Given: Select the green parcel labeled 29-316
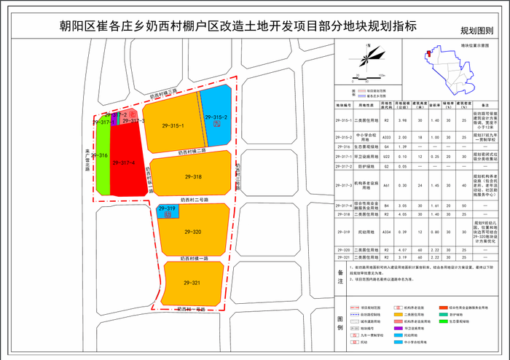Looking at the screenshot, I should click(103, 156).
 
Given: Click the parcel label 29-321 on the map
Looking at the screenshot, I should click(192, 283).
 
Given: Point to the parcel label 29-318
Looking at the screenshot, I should click(192, 177).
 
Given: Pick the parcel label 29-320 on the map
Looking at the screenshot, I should click(192, 232).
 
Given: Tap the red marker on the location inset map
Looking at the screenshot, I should click(431, 55).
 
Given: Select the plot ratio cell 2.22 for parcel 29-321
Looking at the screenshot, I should click(434, 257).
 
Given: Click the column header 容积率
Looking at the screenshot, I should click(434, 105).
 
